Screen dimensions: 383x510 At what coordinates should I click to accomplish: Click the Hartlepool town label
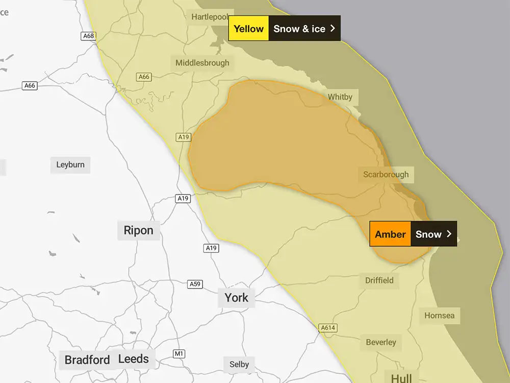[x=210, y=17]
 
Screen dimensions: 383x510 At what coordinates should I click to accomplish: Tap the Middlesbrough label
[x=202, y=63]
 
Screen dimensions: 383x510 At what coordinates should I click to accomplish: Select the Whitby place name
[x=340, y=97]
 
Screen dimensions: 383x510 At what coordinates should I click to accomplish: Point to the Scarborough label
[x=386, y=175]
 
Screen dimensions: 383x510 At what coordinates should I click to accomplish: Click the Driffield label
[x=379, y=280]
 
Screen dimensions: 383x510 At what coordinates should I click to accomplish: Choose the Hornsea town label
[x=439, y=316]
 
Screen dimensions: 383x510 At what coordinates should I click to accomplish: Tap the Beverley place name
[x=380, y=342]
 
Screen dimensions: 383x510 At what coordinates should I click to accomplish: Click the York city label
[x=237, y=298]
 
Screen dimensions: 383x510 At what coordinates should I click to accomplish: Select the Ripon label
[x=138, y=230]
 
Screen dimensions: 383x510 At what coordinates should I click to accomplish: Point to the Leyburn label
[x=70, y=165]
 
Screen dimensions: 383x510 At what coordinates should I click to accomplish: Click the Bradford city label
[x=87, y=360]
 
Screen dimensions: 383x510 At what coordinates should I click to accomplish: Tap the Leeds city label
[x=134, y=359]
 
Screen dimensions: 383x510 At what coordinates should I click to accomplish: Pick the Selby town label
[x=239, y=364]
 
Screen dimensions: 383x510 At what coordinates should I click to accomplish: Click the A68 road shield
[x=89, y=36]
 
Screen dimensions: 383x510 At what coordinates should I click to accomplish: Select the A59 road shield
[x=195, y=284]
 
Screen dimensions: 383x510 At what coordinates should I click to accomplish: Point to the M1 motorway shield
[x=179, y=353]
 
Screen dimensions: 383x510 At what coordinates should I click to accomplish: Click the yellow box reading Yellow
[x=248, y=29]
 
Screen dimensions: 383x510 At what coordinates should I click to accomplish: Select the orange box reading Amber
[x=390, y=234]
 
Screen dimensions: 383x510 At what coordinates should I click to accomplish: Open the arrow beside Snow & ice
[x=333, y=29]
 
